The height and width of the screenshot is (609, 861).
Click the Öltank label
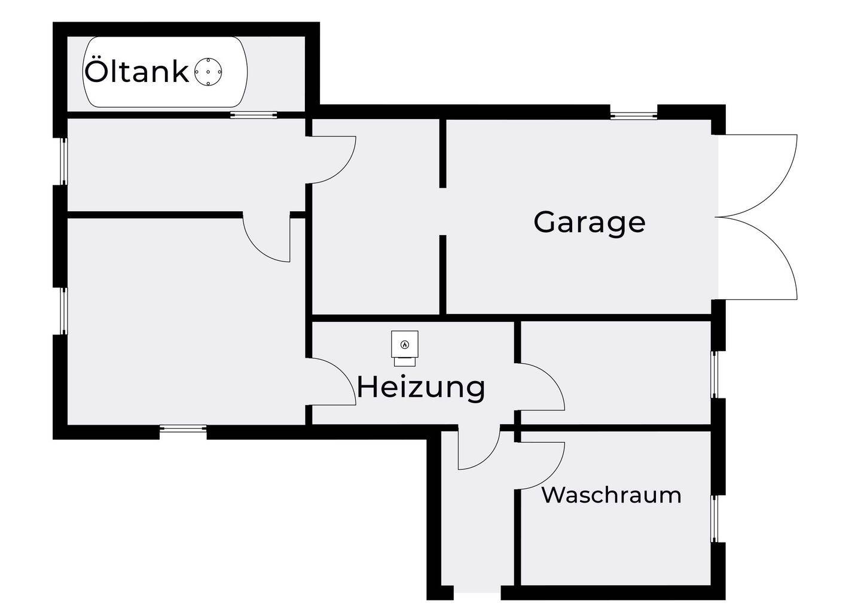point(136,72)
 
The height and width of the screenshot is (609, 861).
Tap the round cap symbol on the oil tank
point(208,72)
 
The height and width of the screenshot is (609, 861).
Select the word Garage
point(589,222)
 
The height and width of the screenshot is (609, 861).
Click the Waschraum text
point(611,495)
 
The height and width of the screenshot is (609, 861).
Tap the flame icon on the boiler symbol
point(405,345)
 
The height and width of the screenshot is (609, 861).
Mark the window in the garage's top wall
point(633,114)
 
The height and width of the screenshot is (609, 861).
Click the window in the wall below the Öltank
point(254,114)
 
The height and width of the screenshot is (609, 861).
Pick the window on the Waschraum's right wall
point(714,519)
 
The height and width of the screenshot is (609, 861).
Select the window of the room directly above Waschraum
point(714,374)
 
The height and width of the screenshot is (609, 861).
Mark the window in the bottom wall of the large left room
point(183,428)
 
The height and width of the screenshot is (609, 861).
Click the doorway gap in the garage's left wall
point(443,211)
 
